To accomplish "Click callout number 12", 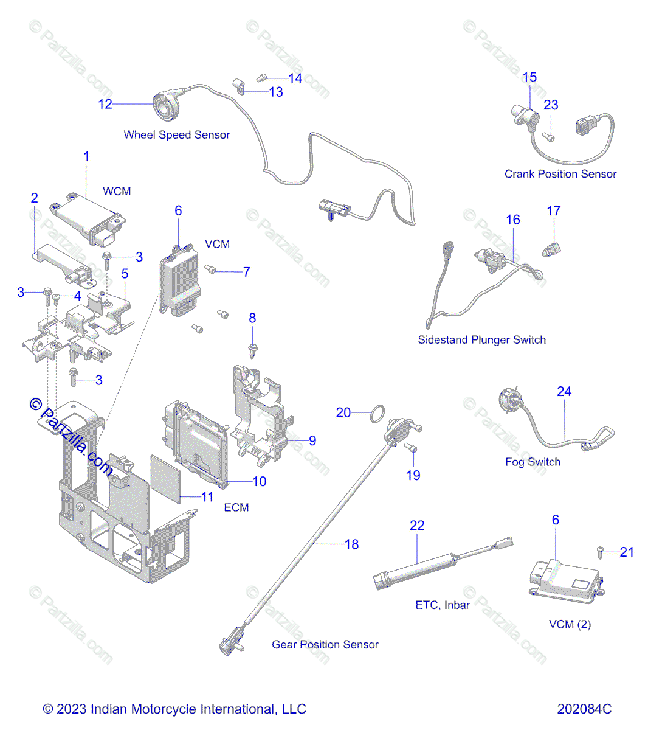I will [105, 104].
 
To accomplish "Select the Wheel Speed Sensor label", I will [176, 135].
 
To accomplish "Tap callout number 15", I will [529, 77].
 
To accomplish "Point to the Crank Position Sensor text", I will [560, 174].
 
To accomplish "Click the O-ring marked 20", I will [377, 414].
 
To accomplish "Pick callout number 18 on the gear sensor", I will [351, 544].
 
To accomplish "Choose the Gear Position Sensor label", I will [325, 645].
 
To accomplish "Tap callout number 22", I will [417, 526].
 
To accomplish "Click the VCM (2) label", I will [570, 624].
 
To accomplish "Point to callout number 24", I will [564, 392].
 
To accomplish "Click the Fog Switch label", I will [533, 462].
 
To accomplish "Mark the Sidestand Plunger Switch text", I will [481, 340].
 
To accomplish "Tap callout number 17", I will [553, 211].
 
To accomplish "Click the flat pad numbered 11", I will [165, 478].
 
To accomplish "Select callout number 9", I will [312, 441].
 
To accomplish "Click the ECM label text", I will [236, 507].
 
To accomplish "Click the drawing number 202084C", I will [584, 709].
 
